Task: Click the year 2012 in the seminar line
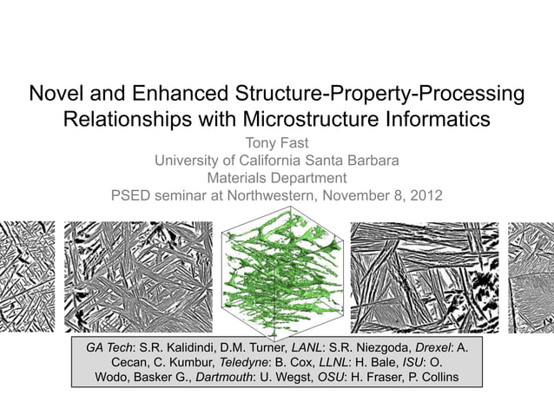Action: pos(424,195)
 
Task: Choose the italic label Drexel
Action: pos(428,347)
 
